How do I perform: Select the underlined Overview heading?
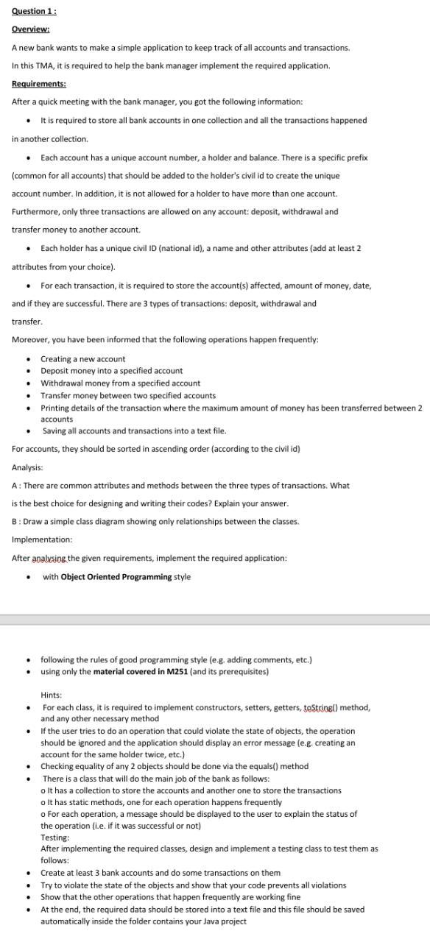pos(31,29)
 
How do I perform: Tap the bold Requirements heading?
pos(39,84)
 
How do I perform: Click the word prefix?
pos(356,157)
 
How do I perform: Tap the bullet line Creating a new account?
pos(82,358)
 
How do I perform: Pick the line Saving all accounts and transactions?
pos(134,431)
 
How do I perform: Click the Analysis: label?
pos(27,467)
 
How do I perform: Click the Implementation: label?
pos(42,539)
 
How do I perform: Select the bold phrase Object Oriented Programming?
pos(116,576)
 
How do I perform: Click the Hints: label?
pos(51,695)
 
